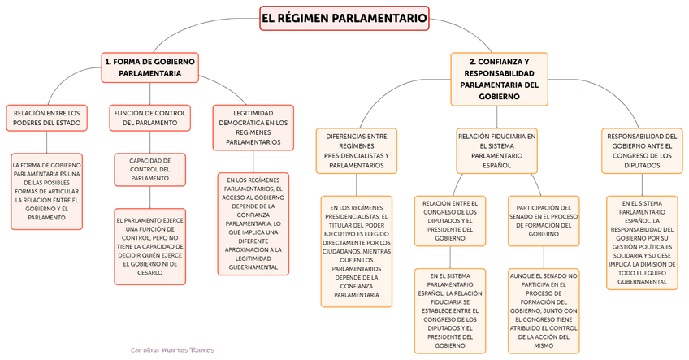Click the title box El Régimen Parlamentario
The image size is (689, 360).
click(x=344, y=18)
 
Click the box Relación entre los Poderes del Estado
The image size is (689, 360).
click(x=45, y=118)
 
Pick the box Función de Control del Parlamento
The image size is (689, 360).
click(x=150, y=117)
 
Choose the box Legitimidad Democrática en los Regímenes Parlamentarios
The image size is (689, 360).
click(x=252, y=127)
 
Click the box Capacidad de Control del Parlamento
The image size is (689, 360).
click(x=150, y=170)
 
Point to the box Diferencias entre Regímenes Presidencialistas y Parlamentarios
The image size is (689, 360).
click(x=357, y=150)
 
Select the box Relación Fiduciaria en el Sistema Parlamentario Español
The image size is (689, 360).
click(x=496, y=150)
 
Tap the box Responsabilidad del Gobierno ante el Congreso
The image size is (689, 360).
click(x=641, y=150)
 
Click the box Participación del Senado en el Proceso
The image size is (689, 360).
click(x=544, y=219)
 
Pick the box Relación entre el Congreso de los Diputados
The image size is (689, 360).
click(x=449, y=219)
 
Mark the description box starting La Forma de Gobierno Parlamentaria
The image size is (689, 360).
click(x=45, y=189)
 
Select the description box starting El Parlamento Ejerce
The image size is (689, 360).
click(x=150, y=246)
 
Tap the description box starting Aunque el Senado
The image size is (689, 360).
click(x=544, y=310)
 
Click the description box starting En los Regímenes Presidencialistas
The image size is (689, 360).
click(x=357, y=250)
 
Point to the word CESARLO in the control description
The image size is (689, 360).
click(x=150, y=273)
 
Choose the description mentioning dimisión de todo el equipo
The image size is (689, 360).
click(x=641, y=241)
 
